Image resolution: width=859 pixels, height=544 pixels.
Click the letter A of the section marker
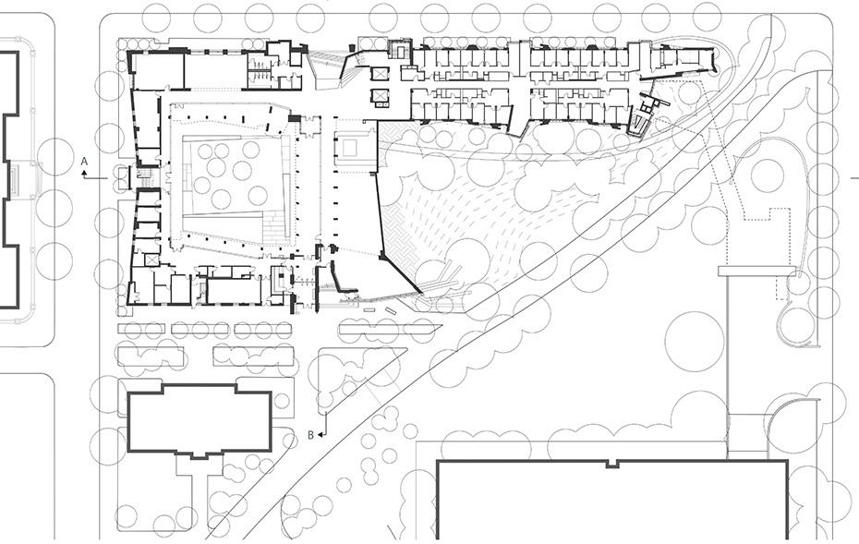coord(85,161)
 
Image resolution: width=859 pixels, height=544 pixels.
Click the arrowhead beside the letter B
coord(321,433)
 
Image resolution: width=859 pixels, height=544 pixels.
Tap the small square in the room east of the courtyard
coord(351,146)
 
